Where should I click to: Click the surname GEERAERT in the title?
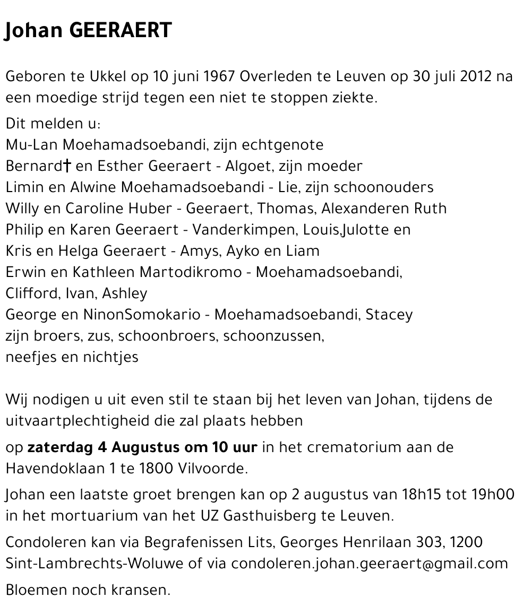(121, 30)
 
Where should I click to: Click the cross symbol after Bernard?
(67, 166)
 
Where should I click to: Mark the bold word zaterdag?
(60, 447)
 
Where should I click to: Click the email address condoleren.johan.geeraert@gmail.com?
(370, 564)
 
